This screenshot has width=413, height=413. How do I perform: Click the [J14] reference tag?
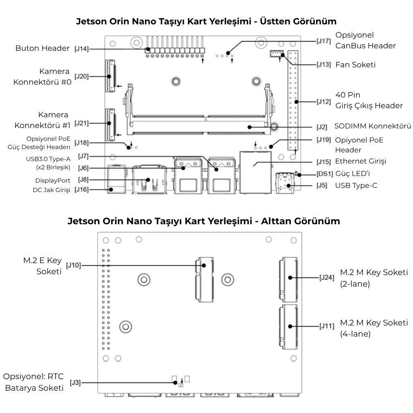coord(81,49)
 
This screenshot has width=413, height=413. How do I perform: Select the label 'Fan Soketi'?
coord(356,65)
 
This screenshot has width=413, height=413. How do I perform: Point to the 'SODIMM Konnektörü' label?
coord(373,126)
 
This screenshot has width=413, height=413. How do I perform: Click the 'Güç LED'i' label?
coord(353,173)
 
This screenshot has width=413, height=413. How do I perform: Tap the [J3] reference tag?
coord(75,383)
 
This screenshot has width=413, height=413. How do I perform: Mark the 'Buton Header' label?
coord(43,48)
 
